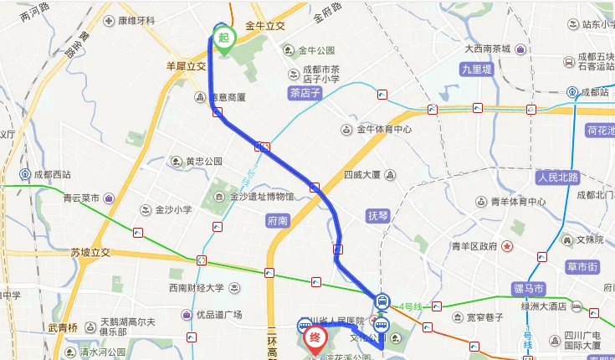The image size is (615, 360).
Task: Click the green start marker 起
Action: coord(224,39)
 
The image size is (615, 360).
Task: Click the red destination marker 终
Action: coord(315,339)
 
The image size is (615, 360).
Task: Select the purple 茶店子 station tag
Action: coord(305,93)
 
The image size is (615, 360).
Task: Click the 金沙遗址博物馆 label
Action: coord(261,197)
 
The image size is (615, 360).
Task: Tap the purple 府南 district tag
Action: coord(278,221)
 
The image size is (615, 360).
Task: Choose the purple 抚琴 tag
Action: coord(379,215)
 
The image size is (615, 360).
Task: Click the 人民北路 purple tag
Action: coord(558,177)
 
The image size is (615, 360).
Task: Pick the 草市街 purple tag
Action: coord(581,267)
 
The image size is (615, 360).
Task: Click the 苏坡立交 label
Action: coord(91,251)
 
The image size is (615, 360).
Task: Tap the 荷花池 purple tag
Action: coord(600,131)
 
